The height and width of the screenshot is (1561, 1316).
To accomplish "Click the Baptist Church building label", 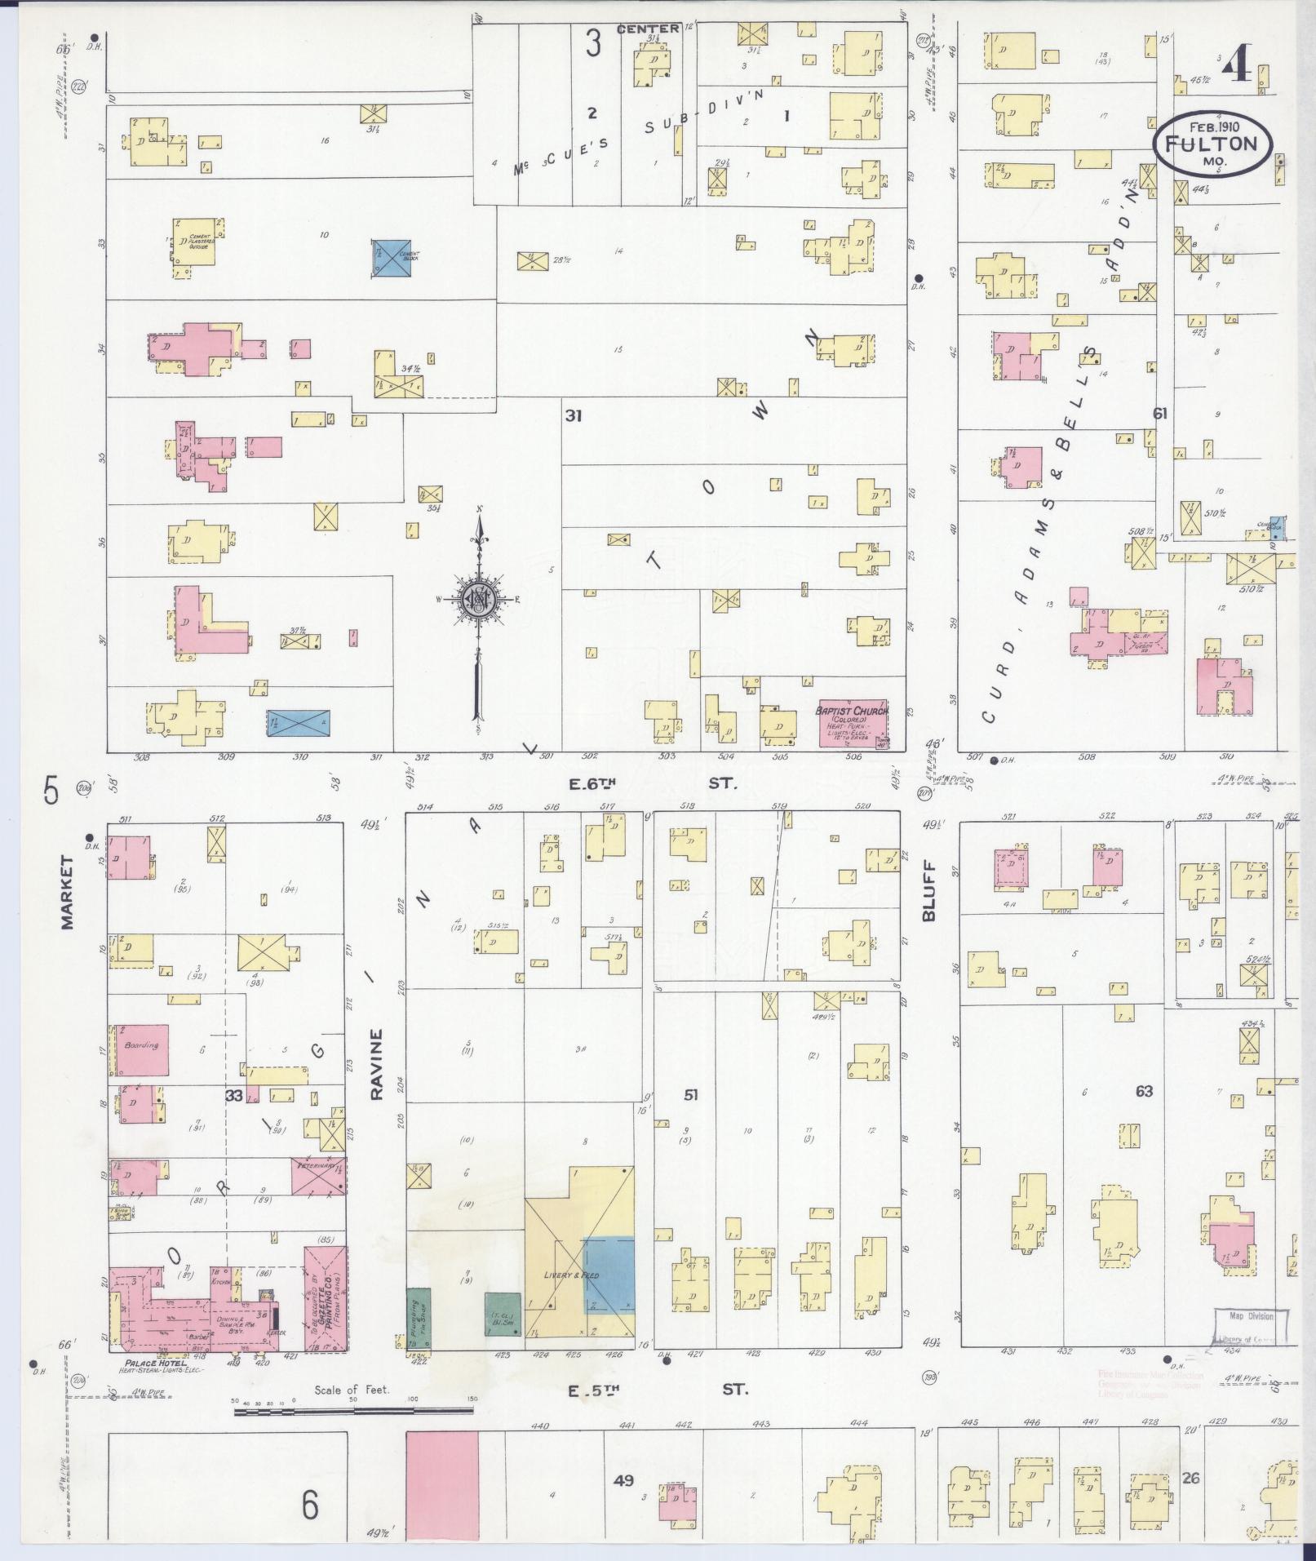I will [x=852, y=711].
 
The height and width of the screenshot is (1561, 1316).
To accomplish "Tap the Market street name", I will [x=67, y=897].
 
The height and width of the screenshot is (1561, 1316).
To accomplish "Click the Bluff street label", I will [x=928, y=892].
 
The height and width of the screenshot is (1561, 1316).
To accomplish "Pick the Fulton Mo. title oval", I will [x=1211, y=144].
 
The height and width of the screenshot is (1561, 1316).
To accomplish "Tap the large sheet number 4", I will [x=1238, y=61].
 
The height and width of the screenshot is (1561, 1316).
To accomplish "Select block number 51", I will [x=690, y=1094].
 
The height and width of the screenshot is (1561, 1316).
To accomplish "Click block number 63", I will [x=1143, y=1091].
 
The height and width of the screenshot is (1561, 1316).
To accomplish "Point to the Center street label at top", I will [x=647, y=29].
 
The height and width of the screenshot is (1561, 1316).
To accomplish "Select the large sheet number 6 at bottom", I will [x=310, y=1506].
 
